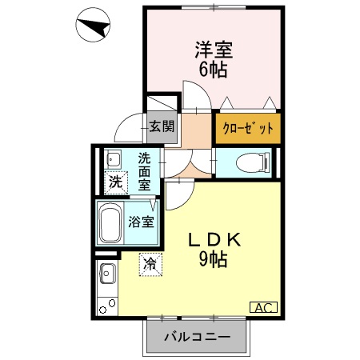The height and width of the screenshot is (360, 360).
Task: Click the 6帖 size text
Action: pyautogui.click(x=213, y=70)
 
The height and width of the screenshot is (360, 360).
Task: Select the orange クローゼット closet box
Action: pyautogui.click(x=247, y=127)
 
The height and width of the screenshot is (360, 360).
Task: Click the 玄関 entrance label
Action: pyautogui.click(x=162, y=126)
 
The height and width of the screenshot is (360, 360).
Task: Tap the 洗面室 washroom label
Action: pyautogui.click(x=144, y=170)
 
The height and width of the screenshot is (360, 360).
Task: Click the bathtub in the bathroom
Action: pyautogui.click(x=110, y=222)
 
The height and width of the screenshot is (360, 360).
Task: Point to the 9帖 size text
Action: pyautogui.click(x=214, y=259)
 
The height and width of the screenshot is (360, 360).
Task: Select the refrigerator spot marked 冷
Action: pyautogui.click(x=150, y=262)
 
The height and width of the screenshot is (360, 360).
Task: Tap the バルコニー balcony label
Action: pyautogui.click(x=198, y=337)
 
